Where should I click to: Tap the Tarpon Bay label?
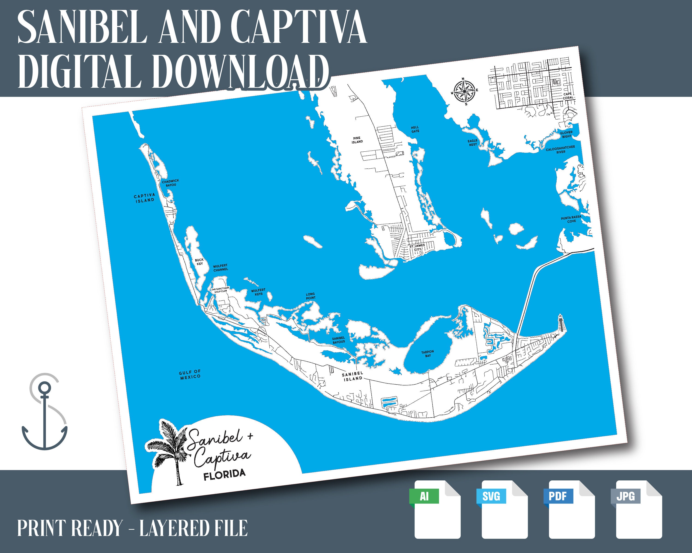point(427,354)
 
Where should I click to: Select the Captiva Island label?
point(144,198)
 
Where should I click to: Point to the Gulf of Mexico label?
point(190,374)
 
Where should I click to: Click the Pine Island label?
point(357,140)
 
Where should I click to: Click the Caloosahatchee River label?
point(560,149)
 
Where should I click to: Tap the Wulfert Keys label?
point(258,292)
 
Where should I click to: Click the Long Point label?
point(310,296)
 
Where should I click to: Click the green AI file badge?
point(424,496)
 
